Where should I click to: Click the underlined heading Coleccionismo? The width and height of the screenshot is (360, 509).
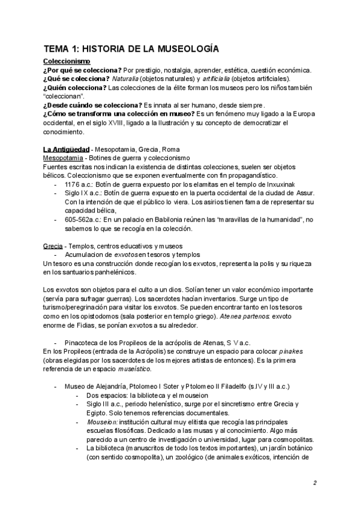67,61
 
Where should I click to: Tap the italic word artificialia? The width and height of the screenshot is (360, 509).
220,79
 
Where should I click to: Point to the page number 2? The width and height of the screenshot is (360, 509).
314,483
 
